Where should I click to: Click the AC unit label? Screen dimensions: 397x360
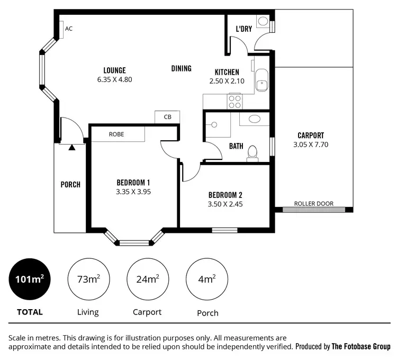point(68,29)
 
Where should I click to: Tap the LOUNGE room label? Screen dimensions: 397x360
point(114,70)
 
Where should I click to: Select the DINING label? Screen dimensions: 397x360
point(181,68)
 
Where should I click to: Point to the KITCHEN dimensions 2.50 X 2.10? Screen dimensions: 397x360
point(227,82)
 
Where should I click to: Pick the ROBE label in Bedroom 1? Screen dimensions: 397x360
point(116,134)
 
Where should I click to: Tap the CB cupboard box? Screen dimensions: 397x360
point(167,116)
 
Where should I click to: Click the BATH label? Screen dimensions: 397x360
point(236,146)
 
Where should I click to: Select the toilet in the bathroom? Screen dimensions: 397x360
point(252,152)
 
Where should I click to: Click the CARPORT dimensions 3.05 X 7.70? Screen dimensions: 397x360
point(311,144)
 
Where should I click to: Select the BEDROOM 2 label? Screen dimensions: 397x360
point(225,194)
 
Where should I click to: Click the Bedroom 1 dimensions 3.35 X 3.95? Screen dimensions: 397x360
point(133,192)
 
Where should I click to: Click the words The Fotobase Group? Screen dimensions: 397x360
point(361,347)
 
